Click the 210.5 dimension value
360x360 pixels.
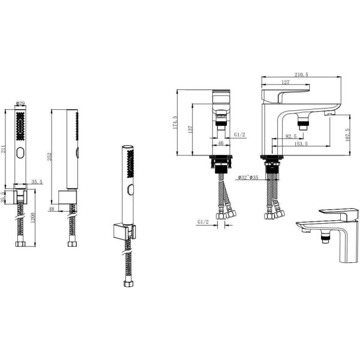[x=301, y=74]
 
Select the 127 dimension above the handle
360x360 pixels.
[x=286, y=82]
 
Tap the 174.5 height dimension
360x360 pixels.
[x=175, y=122]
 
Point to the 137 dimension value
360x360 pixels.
[x=190, y=130]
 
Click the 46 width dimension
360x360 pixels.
[x=220, y=143]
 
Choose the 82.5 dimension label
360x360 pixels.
[x=291, y=136]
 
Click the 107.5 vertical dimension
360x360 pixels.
[x=347, y=134]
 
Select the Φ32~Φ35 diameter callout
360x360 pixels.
[x=248, y=177]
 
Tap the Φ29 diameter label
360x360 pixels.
[x=20, y=103]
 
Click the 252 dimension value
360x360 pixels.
[x=50, y=157]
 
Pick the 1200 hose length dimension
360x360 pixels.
[x=32, y=218]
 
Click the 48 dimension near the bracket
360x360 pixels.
[x=52, y=209]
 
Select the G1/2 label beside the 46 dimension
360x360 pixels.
[x=239, y=134]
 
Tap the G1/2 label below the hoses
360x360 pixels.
[x=203, y=222]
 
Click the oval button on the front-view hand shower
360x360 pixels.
[x=20, y=152]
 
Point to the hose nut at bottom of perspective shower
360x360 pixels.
[x=128, y=284]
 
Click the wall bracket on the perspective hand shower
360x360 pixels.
[x=124, y=232]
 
